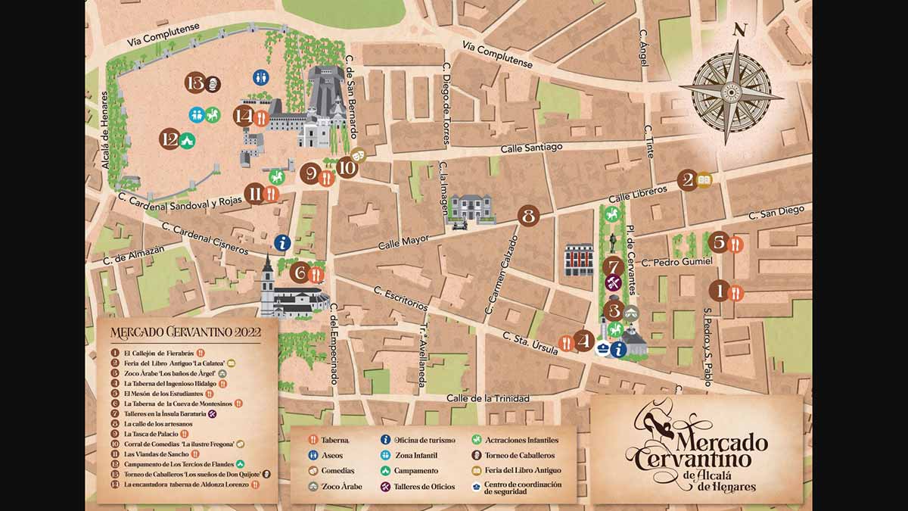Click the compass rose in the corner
pos(731,92)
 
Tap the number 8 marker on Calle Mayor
pos(528,216)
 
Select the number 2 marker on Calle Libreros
pos(688,180)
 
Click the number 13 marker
pos(195,83)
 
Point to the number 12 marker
pos(169,140)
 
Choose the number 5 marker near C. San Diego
pos(719,243)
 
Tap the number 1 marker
pos(719,291)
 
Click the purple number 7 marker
pos(613,266)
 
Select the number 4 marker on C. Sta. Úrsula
pos(583,341)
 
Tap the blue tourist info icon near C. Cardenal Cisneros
pos(282,242)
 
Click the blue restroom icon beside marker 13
pos(260,77)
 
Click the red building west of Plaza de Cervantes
pos(579,259)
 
